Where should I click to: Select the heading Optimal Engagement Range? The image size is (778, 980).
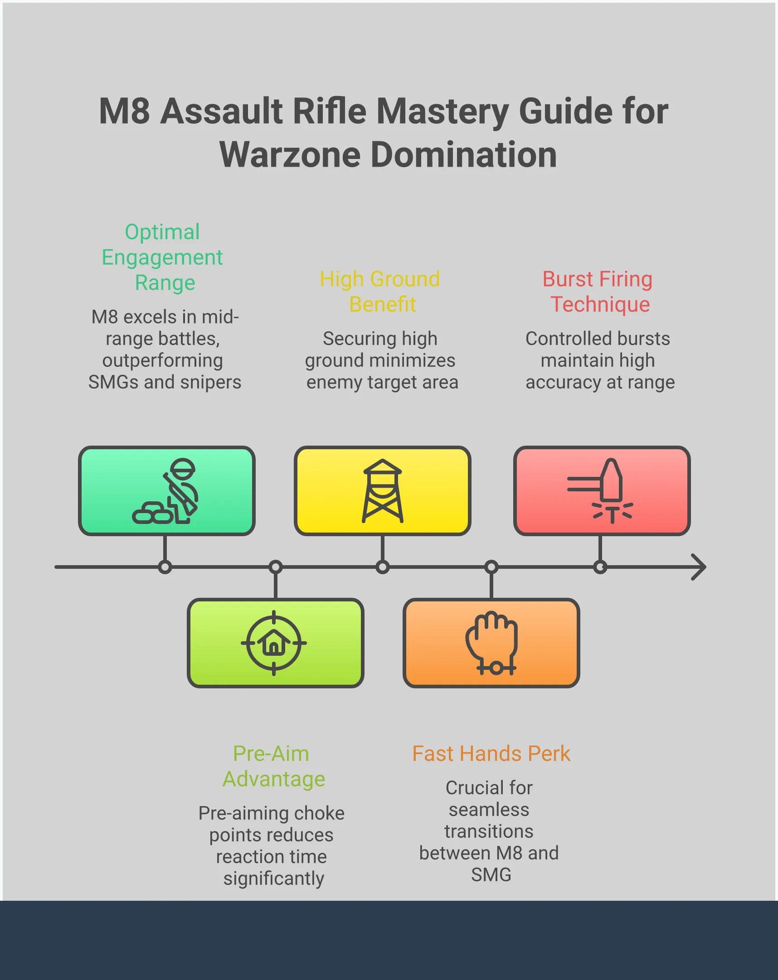click(x=162, y=257)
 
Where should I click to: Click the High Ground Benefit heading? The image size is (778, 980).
click(x=380, y=291)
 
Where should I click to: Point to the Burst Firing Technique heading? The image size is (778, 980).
click(x=598, y=291)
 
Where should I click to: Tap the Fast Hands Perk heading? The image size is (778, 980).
click(x=491, y=754)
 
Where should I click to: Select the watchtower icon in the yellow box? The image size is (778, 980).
click(x=382, y=491)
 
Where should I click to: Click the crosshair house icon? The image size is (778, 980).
click(x=274, y=643)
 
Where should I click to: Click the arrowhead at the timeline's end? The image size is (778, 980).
click(x=699, y=567)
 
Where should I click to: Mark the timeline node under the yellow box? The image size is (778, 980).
click(x=383, y=567)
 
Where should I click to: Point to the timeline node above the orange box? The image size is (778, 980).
click(x=491, y=567)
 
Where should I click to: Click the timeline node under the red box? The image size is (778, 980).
click(x=600, y=567)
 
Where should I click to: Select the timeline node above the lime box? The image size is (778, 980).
click(x=275, y=567)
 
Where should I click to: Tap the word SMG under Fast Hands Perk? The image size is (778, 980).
click(x=491, y=875)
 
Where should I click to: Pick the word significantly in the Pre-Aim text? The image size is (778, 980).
click(x=273, y=879)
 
